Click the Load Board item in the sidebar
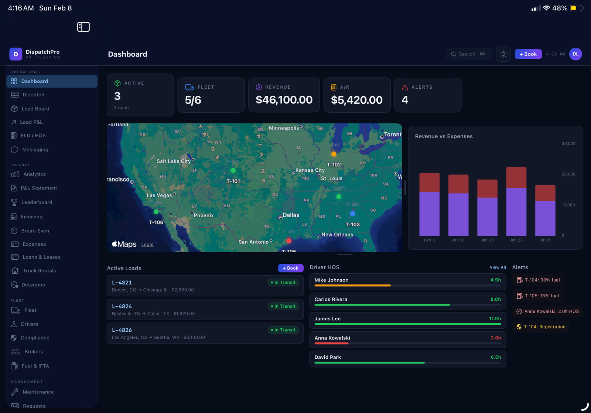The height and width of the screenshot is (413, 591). point(35,109)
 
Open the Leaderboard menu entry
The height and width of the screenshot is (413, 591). point(37,202)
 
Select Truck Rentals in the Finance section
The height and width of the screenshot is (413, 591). point(39,271)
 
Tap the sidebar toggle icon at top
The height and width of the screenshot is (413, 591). point(83,27)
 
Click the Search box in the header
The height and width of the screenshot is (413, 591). point(469,54)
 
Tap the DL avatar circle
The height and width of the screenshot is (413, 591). point(575,54)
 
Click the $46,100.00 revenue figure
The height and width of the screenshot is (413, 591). point(284,100)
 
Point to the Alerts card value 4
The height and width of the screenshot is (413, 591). point(405,100)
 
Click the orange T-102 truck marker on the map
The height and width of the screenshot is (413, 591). point(334,154)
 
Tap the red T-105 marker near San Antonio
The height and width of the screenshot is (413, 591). point(289,241)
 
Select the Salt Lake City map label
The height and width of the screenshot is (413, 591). point(174,161)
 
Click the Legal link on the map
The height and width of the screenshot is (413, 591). point(147,245)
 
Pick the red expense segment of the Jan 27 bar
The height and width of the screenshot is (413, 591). point(516,177)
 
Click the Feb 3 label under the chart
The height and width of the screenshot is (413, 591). point(429,240)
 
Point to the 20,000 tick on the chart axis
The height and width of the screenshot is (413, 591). point(568,174)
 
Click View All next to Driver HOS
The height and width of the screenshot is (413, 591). point(498,267)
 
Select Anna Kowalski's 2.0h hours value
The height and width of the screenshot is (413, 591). point(495,338)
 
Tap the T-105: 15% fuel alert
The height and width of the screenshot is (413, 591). point(541,296)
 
